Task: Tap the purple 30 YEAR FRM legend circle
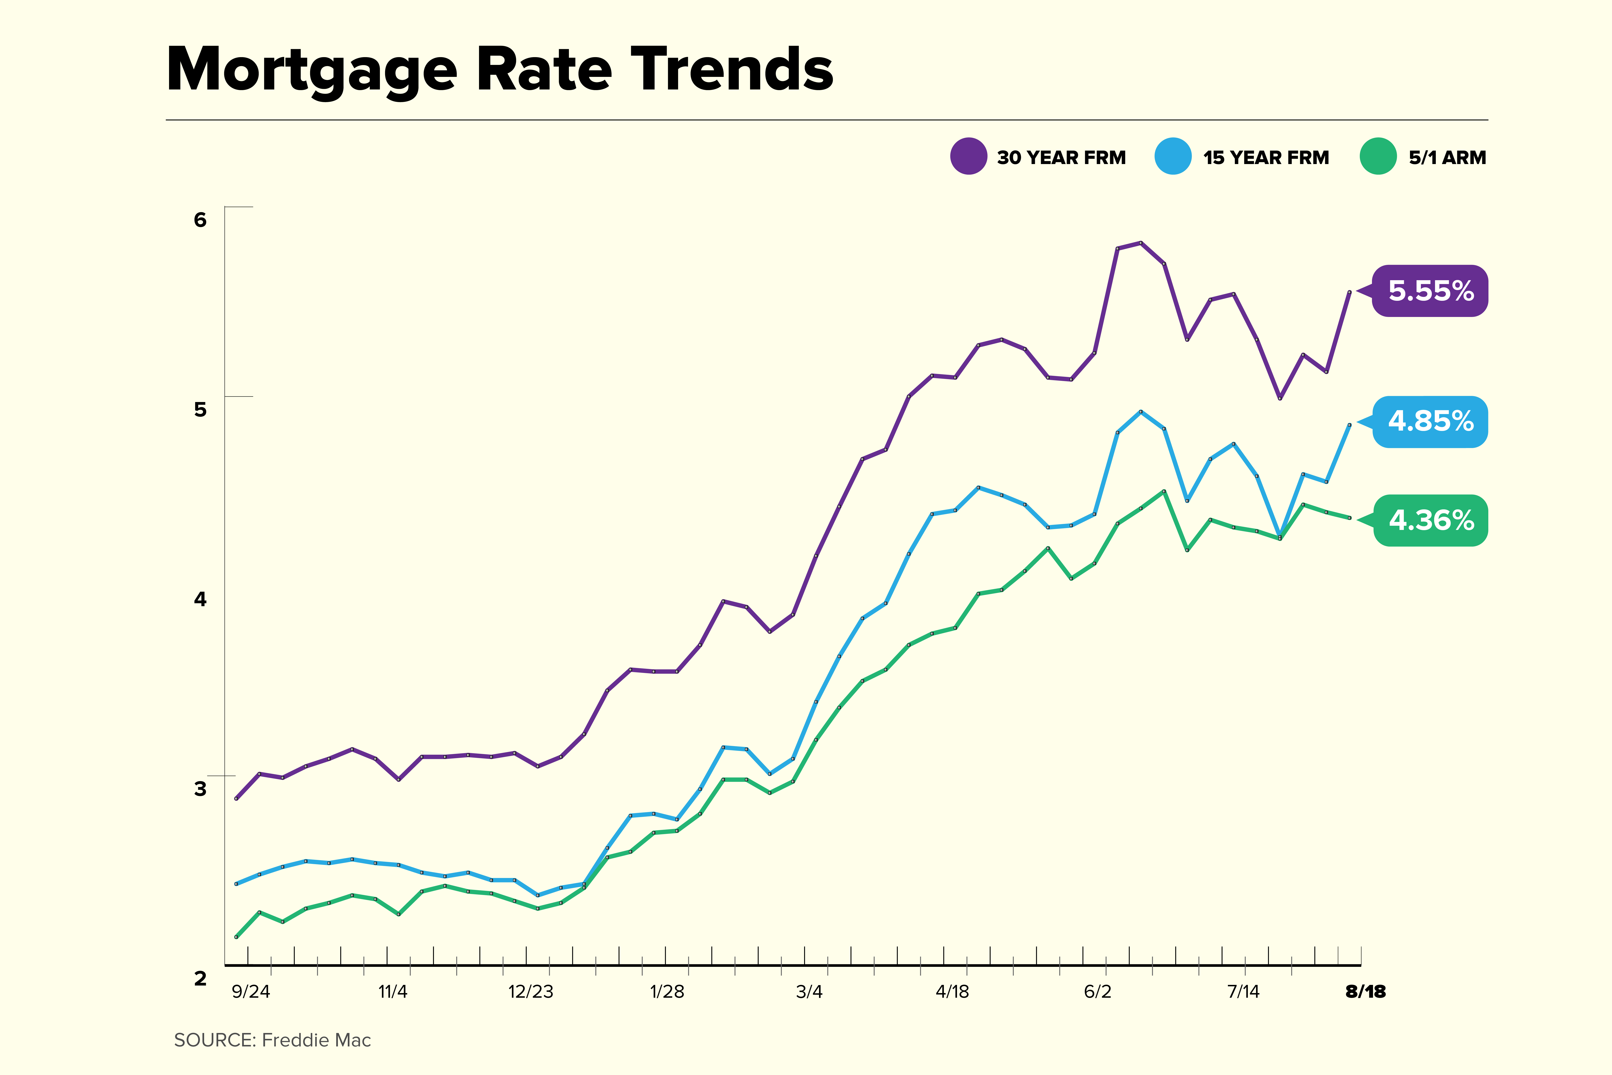[x=968, y=156]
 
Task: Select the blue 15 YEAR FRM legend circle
[x=1173, y=156]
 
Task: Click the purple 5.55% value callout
[x=1430, y=291]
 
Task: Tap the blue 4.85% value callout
[x=1430, y=422]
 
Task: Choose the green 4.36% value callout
[x=1430, y=520]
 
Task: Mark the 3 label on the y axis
[x=200, y=789]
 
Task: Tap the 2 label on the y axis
[x=200, y=978]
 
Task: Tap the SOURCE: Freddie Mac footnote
[x=272, y=1040]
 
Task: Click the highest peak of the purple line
[x=1141, y=243]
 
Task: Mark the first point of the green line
[x=236, y=937]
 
